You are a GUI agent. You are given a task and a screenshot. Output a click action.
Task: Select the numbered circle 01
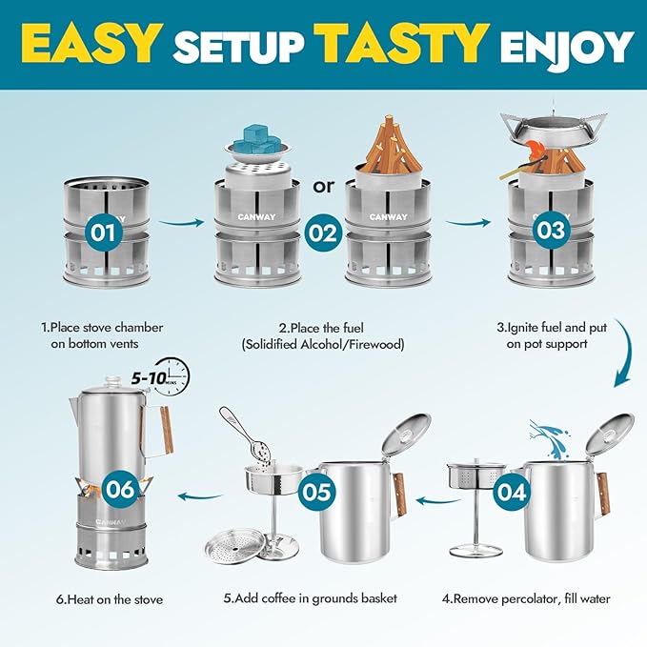[x=105, y=231]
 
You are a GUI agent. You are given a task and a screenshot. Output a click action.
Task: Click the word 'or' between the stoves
[x=324, y=185]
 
